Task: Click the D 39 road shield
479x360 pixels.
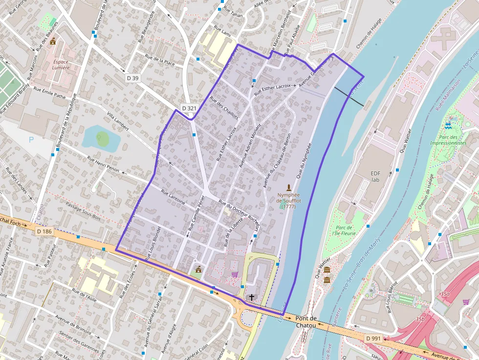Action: tap(132, 78)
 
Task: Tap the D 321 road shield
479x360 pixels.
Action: tap(189, 108)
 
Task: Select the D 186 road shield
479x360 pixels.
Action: tap(44, 231)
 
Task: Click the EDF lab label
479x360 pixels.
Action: tap(375, 176)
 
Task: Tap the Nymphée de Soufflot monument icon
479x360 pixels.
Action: tap(289, 188)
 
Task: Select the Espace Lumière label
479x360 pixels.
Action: tap(61, 65)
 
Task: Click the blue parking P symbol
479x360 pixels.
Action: tap(31, 140)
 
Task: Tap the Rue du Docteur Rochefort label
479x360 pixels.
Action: tap(239, 211)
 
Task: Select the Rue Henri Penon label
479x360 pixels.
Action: tap(103, 164)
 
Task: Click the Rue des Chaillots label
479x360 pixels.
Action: tap(224, 107)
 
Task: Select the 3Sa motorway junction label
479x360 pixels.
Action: tap(444, 294)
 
